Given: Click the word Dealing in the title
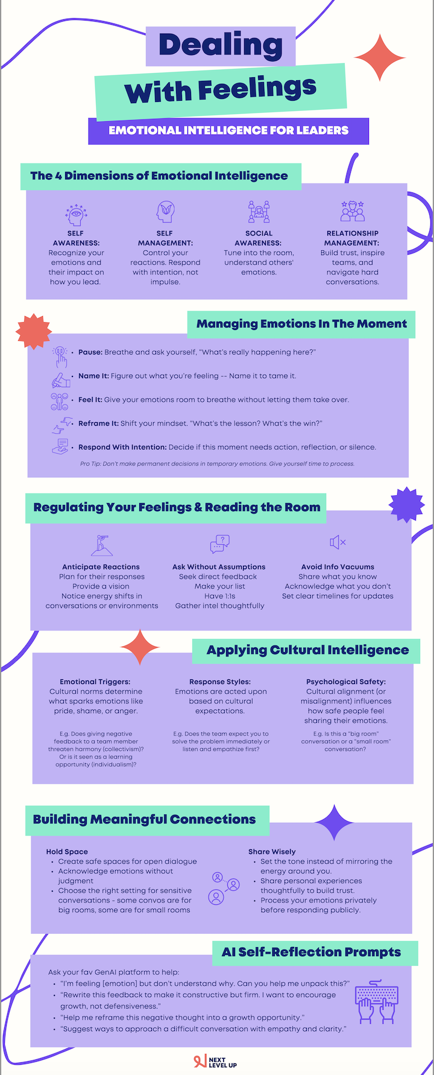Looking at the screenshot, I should pyautogui.click(x=221, y=46).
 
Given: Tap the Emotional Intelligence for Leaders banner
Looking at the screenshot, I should pyautogui.click(x=228, y=130).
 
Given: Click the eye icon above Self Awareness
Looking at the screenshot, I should pyautogui.click(x=76, y=214).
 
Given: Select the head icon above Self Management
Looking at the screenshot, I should pyautogui.click(x=165, y=212).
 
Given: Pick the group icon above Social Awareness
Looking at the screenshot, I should pyautogui.click(x=259, y=212).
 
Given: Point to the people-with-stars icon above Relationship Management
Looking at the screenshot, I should pyautogui.click(x=353, y=211).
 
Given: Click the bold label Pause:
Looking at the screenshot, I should pyautogui.click(x=90, y=352).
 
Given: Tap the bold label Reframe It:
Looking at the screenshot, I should pyautogui.click(x=98, y=423).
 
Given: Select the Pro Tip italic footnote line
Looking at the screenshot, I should pyautogui.click(x=217, y=464).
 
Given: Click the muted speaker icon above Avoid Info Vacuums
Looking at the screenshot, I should pyautogui.click(x=338, y=542).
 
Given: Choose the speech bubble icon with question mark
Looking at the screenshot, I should pyautogui.click(x=220, y=544).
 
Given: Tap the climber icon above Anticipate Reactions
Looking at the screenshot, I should pyautogui.click(x=101, y=545).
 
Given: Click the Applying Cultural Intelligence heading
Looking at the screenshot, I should pyautogui.click(x=307, y=650).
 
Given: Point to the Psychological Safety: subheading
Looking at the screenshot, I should pyautogui.click(x=346, y=682).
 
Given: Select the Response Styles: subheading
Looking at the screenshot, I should pyautogui.click(x=220, y=682).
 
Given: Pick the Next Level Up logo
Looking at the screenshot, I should pyautogui.click(x=215, y=1062).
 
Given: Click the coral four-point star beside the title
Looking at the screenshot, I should pyautogui.click(x=380, y=58).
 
